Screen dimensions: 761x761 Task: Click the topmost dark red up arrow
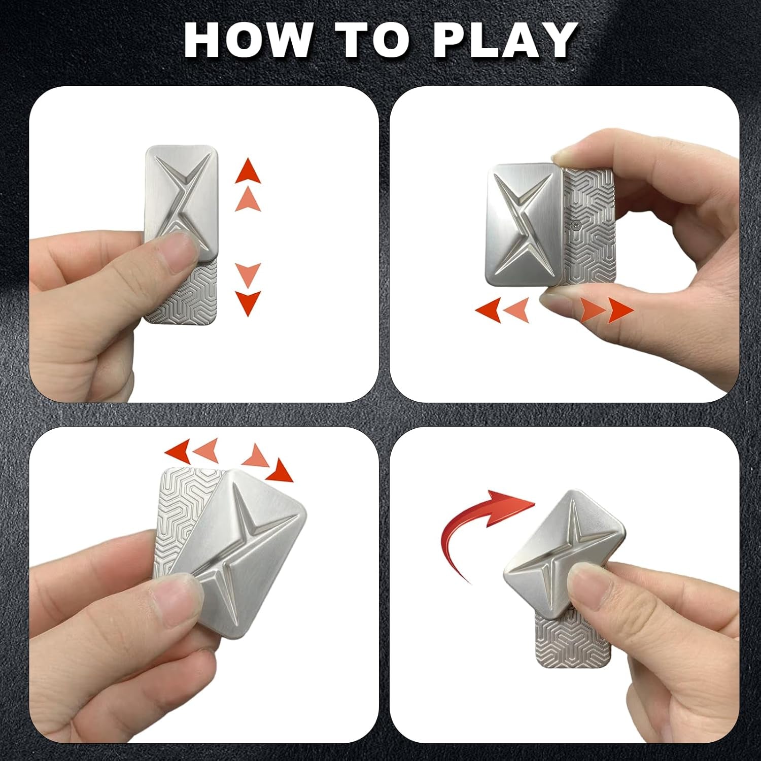248,171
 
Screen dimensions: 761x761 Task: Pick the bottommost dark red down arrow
248,303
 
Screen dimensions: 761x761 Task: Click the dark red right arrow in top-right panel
620,310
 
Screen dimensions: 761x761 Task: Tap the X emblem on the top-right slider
523,223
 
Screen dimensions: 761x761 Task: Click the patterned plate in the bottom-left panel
175,512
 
